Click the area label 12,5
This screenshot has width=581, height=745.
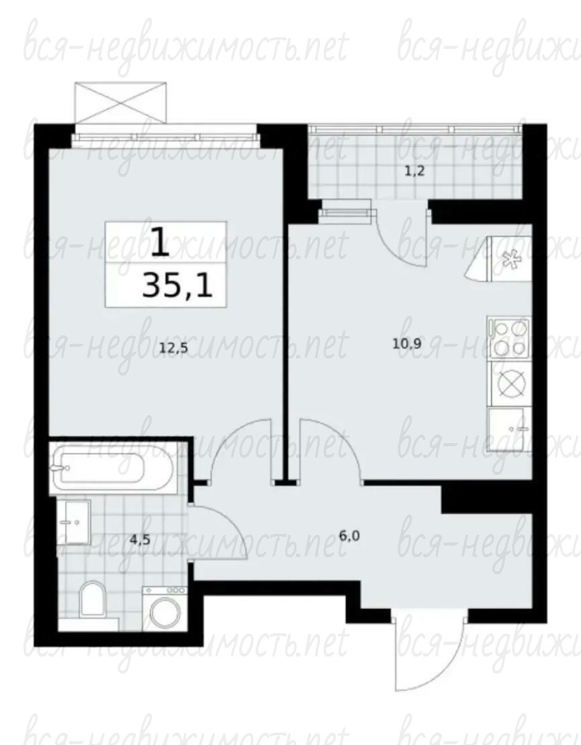[x=173, y=348]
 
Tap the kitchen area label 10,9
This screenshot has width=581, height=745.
[x=406, y=344]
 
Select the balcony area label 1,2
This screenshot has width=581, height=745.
[x=414, y=172]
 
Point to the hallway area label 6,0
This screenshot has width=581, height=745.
[x=349, y=536]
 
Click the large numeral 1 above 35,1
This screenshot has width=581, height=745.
[x=160, y=242]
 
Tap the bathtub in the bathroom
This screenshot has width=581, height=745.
[x=99, y=469]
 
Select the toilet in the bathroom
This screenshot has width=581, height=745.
[x=92, y=598]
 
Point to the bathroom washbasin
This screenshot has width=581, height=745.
[x=74, y=522]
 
